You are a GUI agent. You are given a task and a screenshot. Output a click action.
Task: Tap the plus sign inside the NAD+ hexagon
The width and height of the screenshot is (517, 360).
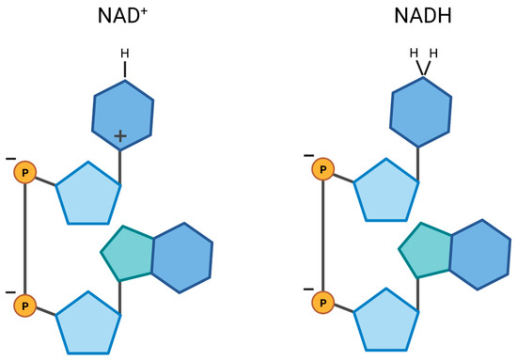click(120, 137)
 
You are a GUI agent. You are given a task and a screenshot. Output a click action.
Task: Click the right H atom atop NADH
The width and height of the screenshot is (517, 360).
click(432, 53)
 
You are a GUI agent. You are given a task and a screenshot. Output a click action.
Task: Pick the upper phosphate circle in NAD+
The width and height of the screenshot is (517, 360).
click(26, 173)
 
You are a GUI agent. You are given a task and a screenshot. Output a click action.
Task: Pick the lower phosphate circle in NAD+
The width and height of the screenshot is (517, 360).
click(26, 305)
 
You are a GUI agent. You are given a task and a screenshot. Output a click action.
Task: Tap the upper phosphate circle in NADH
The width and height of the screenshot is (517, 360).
click(324, 170)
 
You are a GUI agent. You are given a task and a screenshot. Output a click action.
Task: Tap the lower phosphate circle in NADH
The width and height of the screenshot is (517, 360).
click(324, 303)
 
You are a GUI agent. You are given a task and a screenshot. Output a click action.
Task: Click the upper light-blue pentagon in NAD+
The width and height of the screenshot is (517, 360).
click(88, 193)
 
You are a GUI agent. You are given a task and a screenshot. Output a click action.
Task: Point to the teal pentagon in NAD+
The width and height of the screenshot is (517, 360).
click(130, 253)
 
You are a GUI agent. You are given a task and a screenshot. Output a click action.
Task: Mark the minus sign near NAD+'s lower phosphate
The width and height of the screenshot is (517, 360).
click(10, 290)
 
